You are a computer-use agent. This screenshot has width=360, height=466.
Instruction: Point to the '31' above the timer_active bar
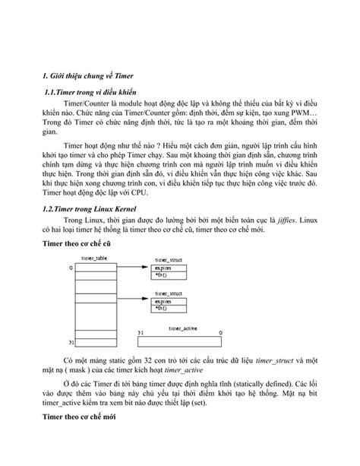coord(141,334)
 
